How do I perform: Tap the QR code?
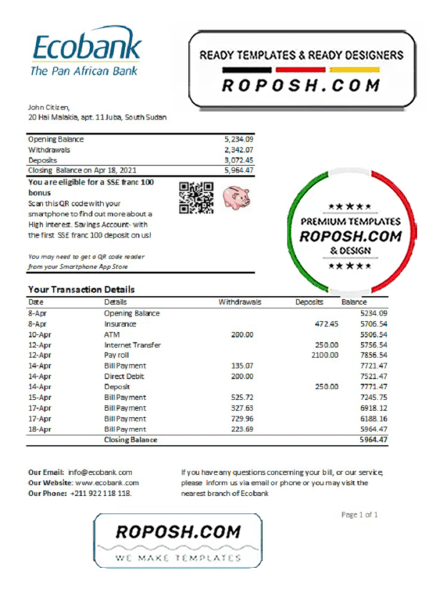point(196,197)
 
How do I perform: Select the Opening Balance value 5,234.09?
point(239,140)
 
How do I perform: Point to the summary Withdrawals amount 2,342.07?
point(239,150)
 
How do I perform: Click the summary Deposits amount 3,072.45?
point(239,160)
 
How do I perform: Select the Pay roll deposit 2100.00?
point(325,355)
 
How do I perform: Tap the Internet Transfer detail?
point(132,345)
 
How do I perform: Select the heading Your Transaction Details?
point(81,290)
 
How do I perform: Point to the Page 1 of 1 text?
point(360,514)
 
